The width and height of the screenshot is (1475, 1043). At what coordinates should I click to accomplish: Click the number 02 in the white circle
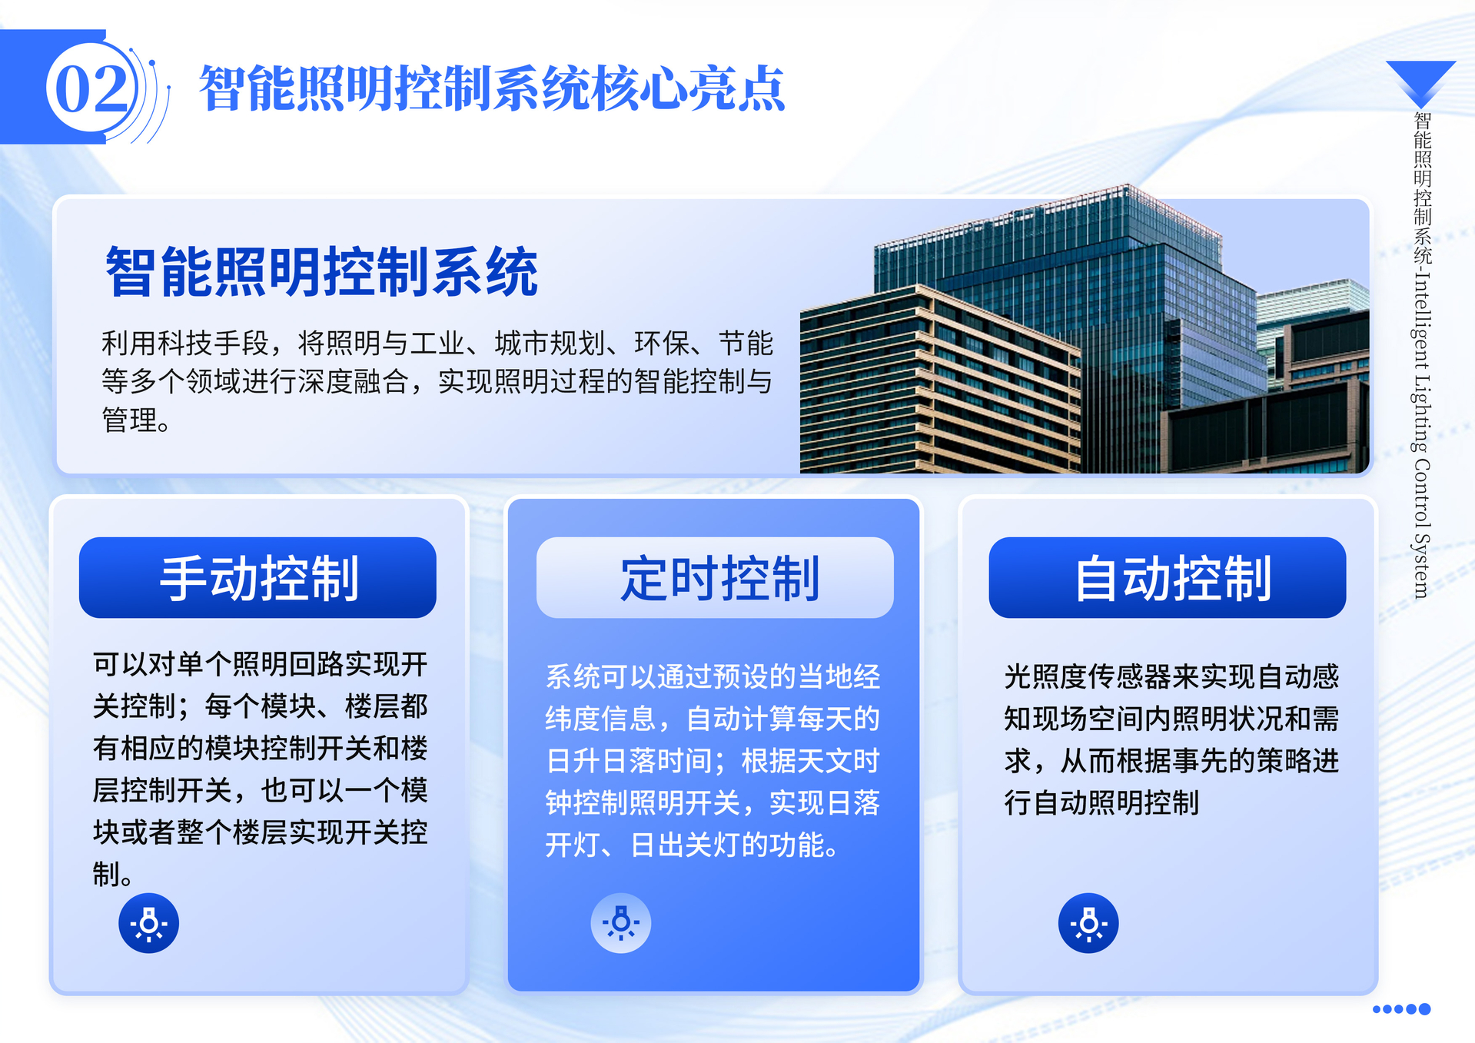[x=91, y=88]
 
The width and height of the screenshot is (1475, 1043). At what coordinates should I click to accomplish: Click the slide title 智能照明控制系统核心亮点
[x=492, y=88]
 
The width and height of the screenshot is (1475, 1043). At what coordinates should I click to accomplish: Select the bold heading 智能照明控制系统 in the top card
[x=321, y=271]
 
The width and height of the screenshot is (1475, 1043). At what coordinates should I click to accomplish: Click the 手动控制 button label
[x=258, y=578]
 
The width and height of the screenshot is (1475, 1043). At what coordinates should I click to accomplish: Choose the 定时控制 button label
[x=719, y=578]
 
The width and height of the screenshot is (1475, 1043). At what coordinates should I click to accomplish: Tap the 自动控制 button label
[x=1172, y=578]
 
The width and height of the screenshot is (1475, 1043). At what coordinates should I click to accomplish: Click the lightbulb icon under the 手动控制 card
[x=148, y=923]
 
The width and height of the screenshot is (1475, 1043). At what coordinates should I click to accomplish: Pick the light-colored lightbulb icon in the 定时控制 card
[x=620, y=923]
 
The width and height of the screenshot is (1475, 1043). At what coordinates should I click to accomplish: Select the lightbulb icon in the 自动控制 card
[x=1088, y=923]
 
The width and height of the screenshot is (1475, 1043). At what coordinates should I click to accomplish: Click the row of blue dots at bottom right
[x=1401, y=1009]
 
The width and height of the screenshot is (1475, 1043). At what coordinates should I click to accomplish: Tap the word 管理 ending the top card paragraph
[x=129, y=420]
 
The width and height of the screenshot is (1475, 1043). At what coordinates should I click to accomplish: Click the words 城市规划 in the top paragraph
[x=550, y=343]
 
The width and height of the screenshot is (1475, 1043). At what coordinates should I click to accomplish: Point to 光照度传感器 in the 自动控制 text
[x=1088, y=676]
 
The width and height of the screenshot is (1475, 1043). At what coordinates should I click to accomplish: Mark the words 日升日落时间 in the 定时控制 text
[x=630, y=761]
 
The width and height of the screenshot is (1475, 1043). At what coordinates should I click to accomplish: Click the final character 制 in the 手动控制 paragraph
[x=106, y=874]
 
